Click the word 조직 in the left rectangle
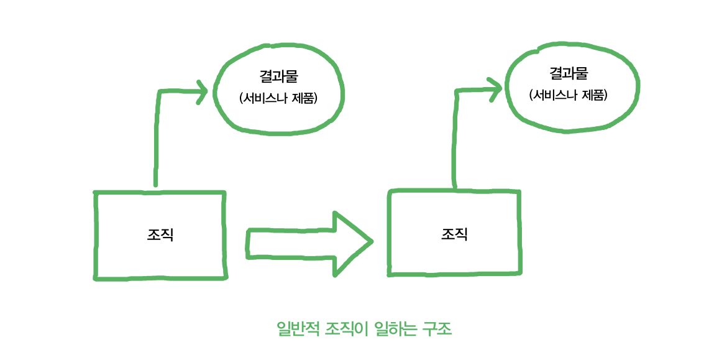pyautogui.click(x=160, y=236)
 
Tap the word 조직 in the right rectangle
pyautogui.click(x=454, y=234)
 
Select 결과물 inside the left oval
pyautogui.click(x=279, y=76)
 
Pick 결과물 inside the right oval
pyautogui.click(x=569, y=74)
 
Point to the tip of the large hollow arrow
pyautogui.click(x=371, y=241)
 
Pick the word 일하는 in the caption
pyautogui.click(x=397, y=329)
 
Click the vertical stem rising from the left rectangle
pyautogui.click(x=156, y=143)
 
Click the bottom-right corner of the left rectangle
pyautogui.click(x=226, y=277)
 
